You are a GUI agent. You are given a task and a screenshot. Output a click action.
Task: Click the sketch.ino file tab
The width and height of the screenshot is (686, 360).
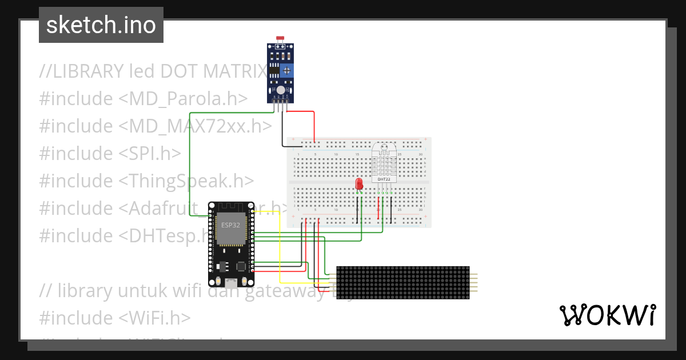(x=101, y=25)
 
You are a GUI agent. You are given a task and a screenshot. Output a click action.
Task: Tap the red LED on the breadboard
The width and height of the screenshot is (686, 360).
(x=359, y=183)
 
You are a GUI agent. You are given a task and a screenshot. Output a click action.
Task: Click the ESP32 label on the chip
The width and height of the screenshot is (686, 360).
(x=230, y=225)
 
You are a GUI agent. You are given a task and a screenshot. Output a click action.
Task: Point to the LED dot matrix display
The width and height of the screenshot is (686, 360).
(x=402, y=283)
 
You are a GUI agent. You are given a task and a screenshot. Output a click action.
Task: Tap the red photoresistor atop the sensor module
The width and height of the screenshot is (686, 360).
(x=280, y=39)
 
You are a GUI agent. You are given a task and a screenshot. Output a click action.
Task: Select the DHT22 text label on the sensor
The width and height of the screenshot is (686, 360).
(x=384, y=179)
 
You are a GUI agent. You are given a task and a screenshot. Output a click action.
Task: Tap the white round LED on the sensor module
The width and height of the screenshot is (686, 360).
(x=280, y=90)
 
